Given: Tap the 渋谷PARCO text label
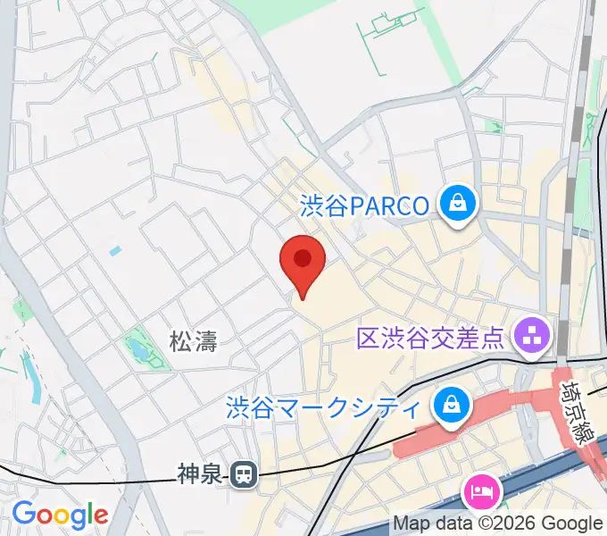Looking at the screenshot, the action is [363, 206].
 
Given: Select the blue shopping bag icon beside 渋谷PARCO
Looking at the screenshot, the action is [458, 204].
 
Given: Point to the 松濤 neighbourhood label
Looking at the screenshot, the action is [194, 340].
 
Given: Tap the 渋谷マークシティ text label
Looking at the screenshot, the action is [322, 409].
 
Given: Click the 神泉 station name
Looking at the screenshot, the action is [197, 474].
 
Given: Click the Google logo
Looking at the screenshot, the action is [60, 515].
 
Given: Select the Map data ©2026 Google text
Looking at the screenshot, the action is [498, 523].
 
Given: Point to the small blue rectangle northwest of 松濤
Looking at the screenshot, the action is [115, 251].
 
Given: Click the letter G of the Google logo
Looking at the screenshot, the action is [23, 515].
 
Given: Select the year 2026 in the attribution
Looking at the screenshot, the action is [511, 523].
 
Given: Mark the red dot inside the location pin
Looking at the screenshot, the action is [303, 258].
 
